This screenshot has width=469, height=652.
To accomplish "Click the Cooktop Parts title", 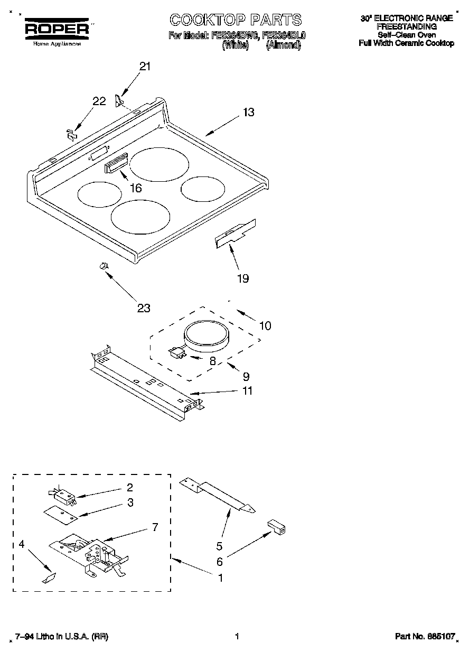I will tap(236, 20).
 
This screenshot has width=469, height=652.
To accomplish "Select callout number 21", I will tap(145, 67).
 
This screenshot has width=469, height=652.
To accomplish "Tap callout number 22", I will tap(99, 102).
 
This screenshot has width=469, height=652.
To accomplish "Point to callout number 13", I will tap(249, 112).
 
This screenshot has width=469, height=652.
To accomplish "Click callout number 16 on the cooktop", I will tap(136, 188).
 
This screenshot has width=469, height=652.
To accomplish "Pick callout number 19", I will tap(243, 278).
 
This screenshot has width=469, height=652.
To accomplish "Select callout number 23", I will tap(144, 308).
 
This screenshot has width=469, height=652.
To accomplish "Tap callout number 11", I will tap(247, 391).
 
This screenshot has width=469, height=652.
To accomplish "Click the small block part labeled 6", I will tap(276, 527).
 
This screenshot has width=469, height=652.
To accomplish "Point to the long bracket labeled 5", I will tap(217, 493).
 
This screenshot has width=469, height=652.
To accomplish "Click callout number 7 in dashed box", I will tap(155, 527).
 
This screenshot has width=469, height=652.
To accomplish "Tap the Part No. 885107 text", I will tap(425, 637).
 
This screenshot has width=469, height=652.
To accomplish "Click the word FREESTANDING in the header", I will tap(406, 26).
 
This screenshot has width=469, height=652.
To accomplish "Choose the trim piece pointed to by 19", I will tap(235, 233).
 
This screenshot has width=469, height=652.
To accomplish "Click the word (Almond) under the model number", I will tap(283, 45).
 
